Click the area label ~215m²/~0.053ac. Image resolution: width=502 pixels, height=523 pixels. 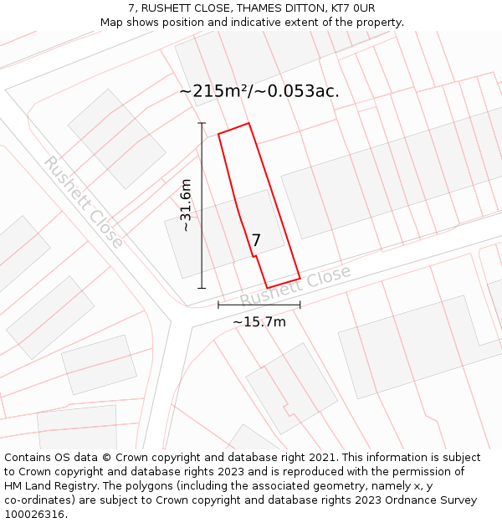259,91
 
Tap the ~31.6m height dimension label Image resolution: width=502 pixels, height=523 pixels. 186,205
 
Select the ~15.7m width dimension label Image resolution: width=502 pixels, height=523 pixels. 259,322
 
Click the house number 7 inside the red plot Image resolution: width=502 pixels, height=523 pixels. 256,240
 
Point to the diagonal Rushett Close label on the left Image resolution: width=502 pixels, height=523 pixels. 85,202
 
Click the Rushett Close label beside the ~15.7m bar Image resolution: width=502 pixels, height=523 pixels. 295,287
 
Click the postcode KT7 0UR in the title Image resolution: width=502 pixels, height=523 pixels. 352,8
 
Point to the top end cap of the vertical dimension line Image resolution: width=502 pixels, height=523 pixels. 202,123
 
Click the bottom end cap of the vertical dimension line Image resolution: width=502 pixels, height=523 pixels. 202,288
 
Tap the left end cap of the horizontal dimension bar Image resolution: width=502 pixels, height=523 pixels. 218,305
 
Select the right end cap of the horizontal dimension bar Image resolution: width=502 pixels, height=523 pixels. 300,305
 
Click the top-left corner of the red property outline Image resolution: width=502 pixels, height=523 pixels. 218,134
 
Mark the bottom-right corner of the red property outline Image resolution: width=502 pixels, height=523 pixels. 300,278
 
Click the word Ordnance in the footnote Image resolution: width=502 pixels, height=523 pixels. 404,500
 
